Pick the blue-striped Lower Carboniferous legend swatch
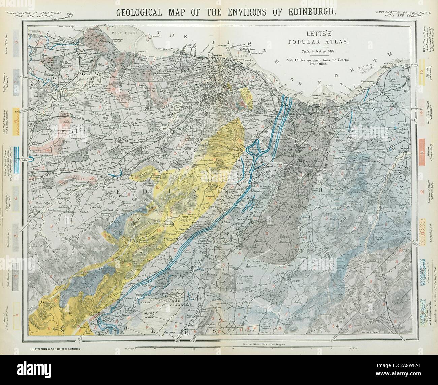(16, 157)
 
